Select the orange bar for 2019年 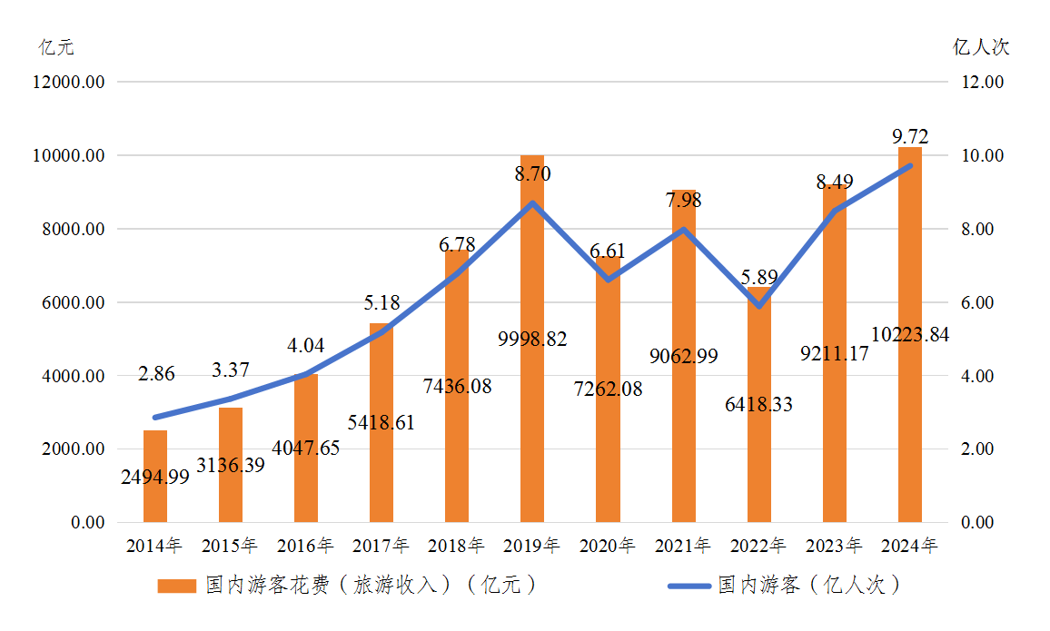(x=532, y=381)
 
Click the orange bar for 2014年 (x=155, y=490)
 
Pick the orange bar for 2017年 (x=381, y=454)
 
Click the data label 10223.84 (x=909, y=335)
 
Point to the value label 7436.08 (x=458, y=386)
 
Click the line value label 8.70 (x=532, y=173)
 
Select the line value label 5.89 (x=758, y=278)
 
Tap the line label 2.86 (x=156, y=373)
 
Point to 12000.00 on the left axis (x=68, y=83)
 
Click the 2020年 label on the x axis (x=608, y=546)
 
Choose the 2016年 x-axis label (x=306, y=546)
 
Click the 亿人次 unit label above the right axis (x=981, y=47)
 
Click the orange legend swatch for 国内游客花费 (x=176, y=586)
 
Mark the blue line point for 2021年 (x=683, y=229)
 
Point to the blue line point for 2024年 (x=909, y=165)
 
